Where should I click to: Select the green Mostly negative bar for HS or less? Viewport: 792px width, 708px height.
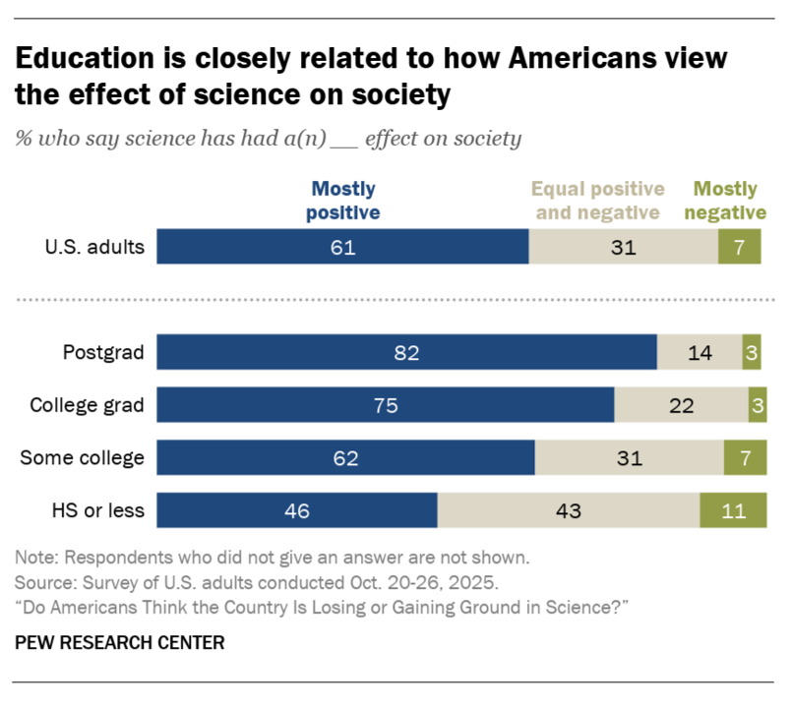pyautogui.click(x=733, y=510)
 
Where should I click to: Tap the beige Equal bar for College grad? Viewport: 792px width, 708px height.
pyautogui.click(x=681, y=405)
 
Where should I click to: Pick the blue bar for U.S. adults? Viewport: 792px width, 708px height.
pyautogui.click(x=342, y=247)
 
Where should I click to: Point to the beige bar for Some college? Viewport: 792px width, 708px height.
pyautogui.click(x=630, y=458)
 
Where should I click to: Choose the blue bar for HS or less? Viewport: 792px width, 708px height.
pyautogui.click(x=297, y=510)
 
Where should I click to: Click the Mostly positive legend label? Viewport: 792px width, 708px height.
pyautogui.click(x=343, y=200)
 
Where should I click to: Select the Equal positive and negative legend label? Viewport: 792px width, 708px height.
pyautogui.click(x=598, y=200)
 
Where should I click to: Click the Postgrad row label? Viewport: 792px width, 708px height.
pyautogui.click(x=103, y=352)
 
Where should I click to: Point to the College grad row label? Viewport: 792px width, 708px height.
pyautogui.click(x=88, y=405)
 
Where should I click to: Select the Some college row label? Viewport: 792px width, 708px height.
pyautogui.click(x=87, y=458)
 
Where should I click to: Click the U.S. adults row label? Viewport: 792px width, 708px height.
pyautogui.click(x=93, y=247)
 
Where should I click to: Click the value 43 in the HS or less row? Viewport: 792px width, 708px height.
pyautogui.click(x=569, y=510)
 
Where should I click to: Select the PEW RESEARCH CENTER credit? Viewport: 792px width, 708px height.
pyautogui.click(x=119, y=643)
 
